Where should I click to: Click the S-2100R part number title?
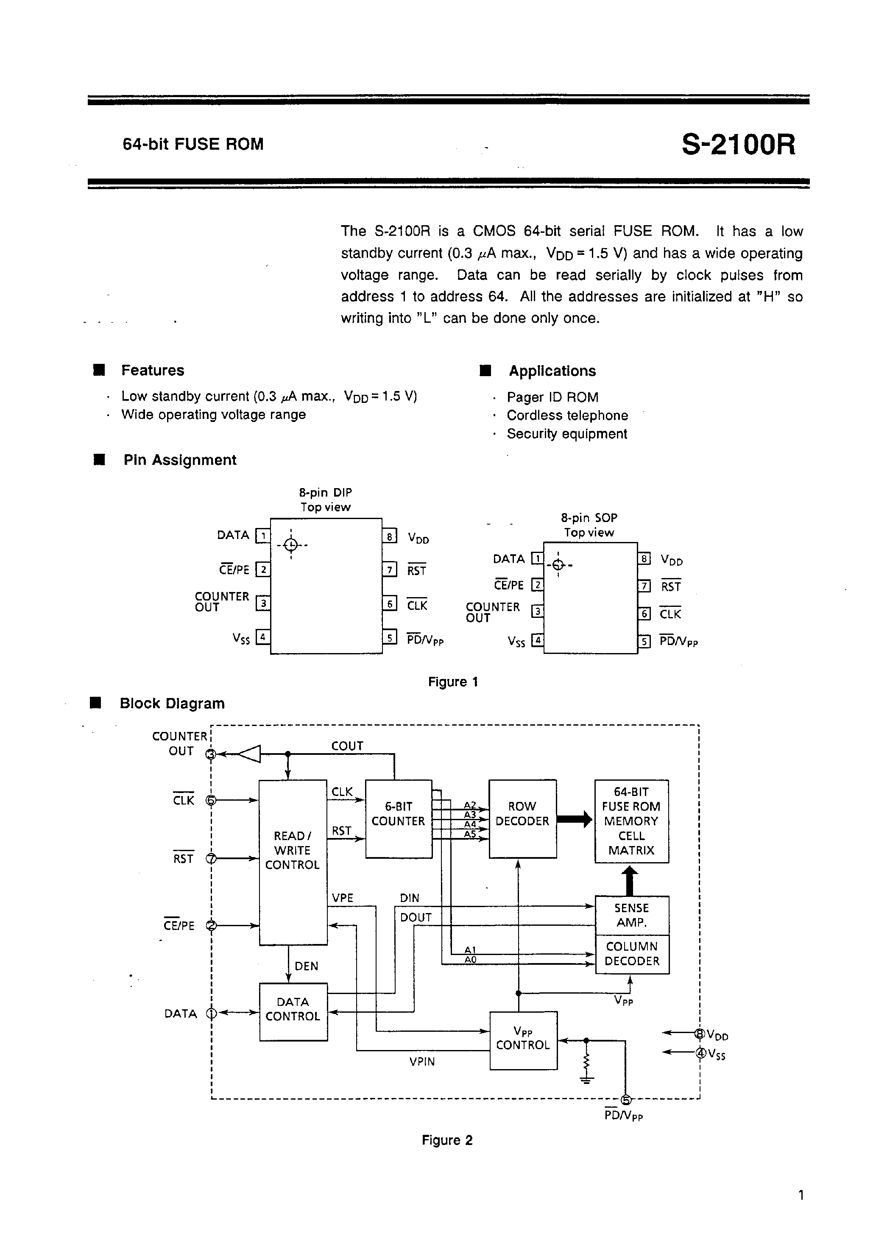(738, 145)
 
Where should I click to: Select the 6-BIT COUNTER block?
(398, 818)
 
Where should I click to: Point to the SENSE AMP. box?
(631, 915)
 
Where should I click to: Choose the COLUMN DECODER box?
(631, 954)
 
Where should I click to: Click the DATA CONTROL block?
(293, 1011)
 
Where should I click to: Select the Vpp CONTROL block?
(522, 1040)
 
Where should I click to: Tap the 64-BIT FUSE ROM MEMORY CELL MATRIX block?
(631, 821)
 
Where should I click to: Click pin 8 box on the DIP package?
(389, 536)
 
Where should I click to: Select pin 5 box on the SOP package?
(644, 642)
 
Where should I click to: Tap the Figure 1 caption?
(452, 681)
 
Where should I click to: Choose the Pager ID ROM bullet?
(552, 397)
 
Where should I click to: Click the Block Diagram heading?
(172, 703)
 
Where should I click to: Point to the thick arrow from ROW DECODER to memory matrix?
(575, 819)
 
